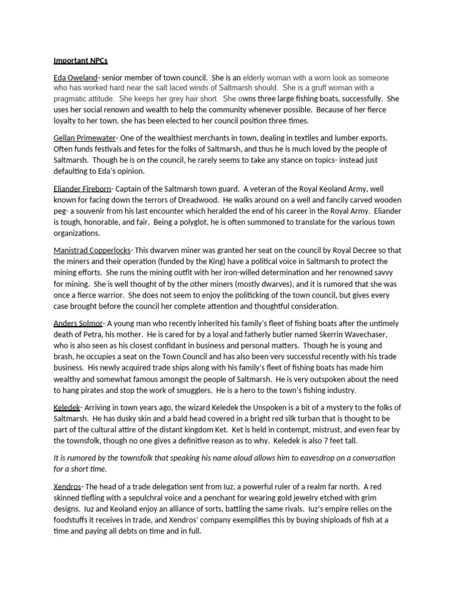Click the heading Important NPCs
[81, 61]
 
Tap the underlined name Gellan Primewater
[84, 138]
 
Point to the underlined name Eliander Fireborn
[82, 189]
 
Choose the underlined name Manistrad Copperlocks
[92, 251]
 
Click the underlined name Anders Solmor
[78, 324]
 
